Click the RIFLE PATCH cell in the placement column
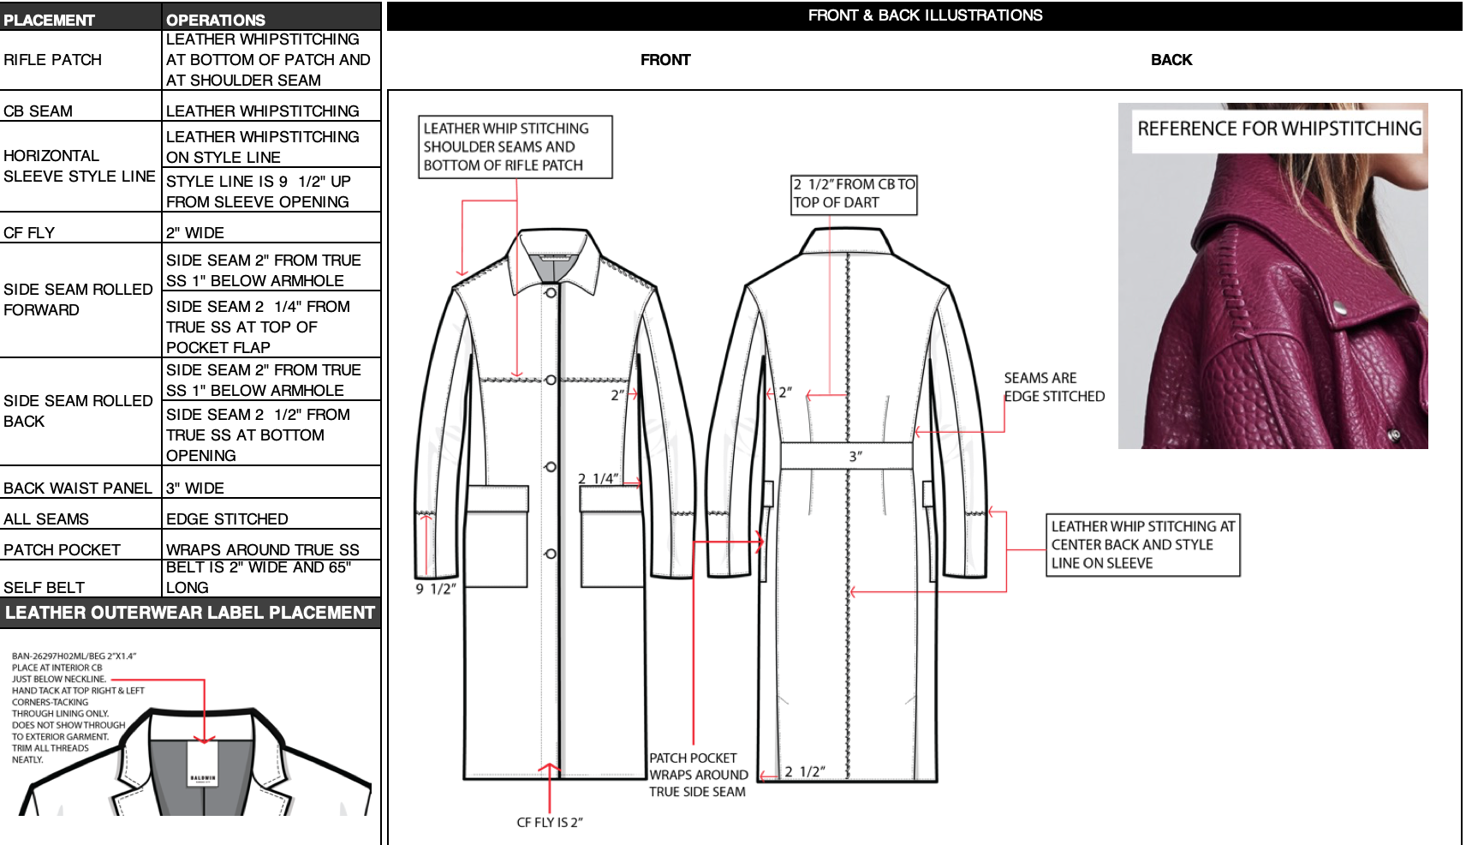53,60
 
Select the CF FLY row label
29,232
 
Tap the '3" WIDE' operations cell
195,488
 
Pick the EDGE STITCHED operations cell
227,518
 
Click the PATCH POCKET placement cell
62,549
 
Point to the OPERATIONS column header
216,19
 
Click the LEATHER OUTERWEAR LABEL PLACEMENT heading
190,613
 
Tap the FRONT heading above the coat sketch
665,60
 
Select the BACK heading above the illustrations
1171,60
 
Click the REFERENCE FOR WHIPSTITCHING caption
1279,129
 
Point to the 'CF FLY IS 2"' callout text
550,823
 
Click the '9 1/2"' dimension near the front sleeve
435,589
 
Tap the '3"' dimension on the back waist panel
855,457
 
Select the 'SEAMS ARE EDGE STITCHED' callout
1054,387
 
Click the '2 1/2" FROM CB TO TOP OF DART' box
854,194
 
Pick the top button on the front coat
551,293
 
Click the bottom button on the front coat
551,554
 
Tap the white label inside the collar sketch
203,764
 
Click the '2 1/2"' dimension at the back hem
805,772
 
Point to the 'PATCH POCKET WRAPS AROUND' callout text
698,775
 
